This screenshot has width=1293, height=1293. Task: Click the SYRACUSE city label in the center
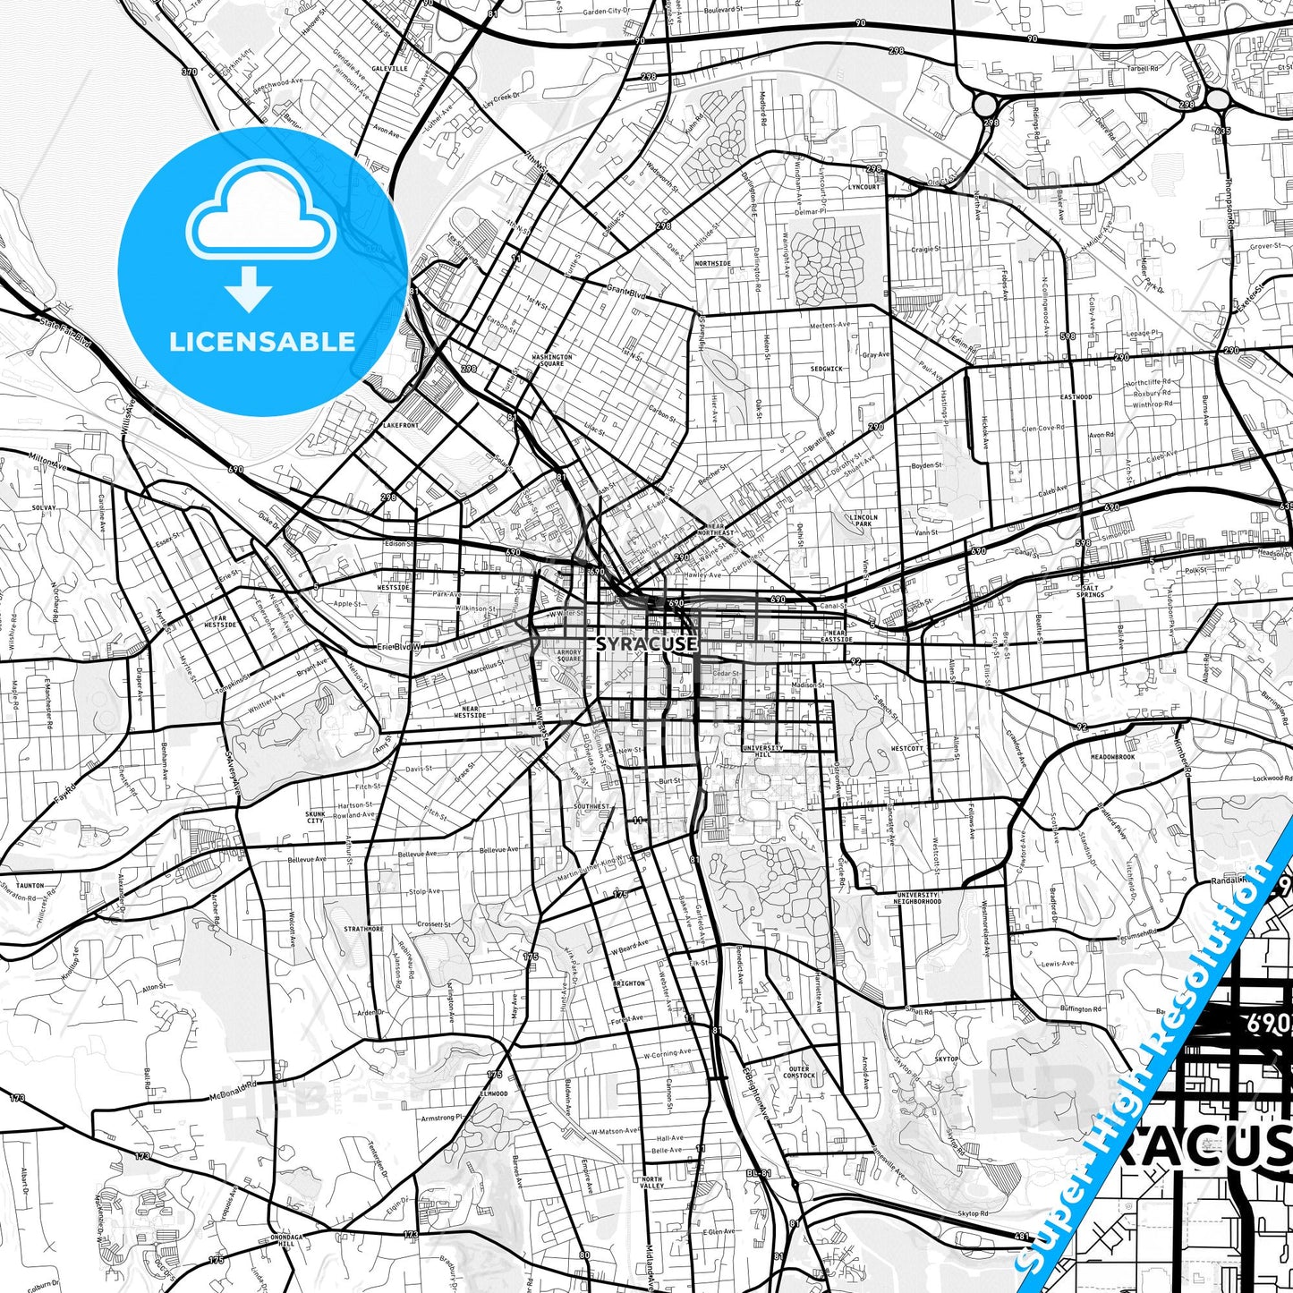coord(646,643)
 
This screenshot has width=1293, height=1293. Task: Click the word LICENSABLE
coord(262,341)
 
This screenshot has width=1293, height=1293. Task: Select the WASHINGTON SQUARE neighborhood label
coord(552,360)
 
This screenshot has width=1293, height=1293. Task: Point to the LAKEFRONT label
coord(399,426)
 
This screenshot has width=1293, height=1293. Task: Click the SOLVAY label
coord(43,507)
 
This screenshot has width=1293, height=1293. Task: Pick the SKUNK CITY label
coord(315,817)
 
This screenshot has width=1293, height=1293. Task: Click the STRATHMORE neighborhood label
coord(363,929)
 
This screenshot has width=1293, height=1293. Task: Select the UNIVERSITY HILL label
coord(762,751)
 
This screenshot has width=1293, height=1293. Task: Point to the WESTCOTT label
coord(906,748)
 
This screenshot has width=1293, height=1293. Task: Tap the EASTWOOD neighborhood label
coord(1076,396)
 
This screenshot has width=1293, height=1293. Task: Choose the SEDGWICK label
coord(826,369)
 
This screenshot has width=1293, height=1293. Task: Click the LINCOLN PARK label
coord(864,521)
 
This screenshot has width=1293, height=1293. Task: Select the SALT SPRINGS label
coord(1090,591)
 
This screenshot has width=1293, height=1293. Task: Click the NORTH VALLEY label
coord(651,1183)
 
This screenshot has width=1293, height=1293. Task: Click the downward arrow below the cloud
coord(249,291)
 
